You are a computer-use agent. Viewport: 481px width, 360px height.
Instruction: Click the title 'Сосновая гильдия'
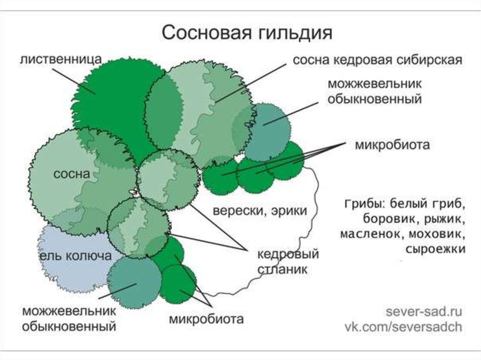247,34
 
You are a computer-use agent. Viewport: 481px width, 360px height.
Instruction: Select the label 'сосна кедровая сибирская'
378,61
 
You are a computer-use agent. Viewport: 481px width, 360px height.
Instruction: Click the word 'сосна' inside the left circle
71,174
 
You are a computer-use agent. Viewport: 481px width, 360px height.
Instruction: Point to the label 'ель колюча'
75,256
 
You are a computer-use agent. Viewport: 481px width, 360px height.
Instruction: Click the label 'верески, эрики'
260,210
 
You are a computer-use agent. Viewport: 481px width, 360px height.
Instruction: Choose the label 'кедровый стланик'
288,262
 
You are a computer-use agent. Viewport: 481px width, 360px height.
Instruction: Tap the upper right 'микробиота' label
392,145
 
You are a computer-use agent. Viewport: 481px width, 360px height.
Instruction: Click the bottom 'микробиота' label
206,320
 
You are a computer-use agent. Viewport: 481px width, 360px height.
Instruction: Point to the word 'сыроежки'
435,248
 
